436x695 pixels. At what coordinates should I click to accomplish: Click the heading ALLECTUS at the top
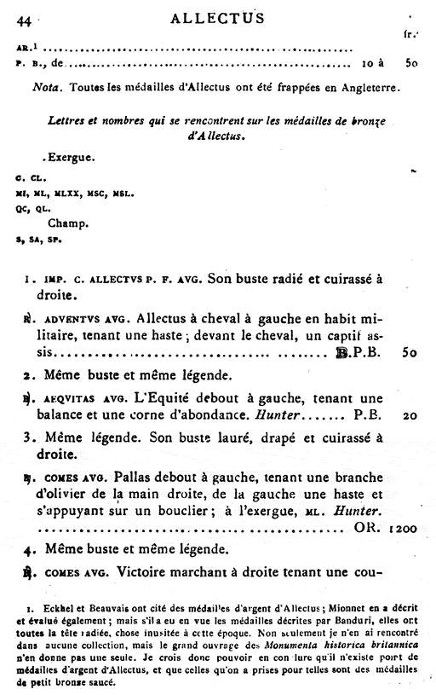click(217, 17)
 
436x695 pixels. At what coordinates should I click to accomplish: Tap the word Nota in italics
click(49, 87)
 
